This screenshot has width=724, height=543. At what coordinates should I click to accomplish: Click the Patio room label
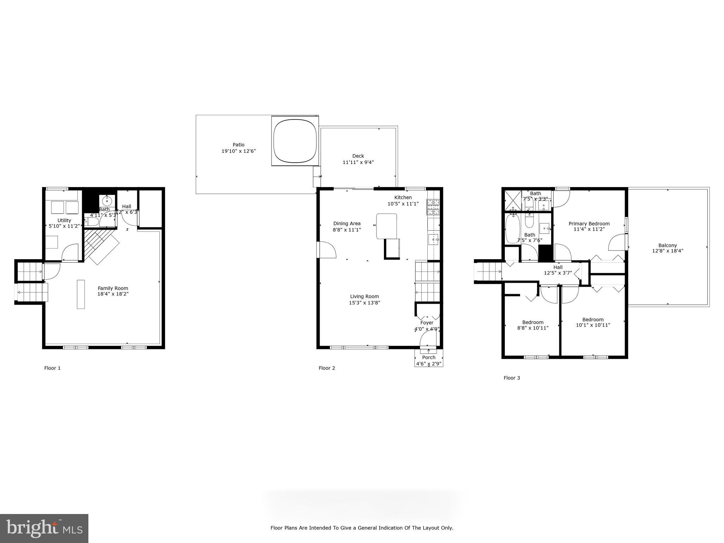[238, 145]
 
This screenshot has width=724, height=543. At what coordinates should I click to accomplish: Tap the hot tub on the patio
[294, 141]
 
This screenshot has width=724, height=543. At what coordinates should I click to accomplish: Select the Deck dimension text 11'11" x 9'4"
[358, 162]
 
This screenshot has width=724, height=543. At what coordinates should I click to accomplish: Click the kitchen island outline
[386, 226]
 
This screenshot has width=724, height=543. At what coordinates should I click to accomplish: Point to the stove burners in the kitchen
[433, 207]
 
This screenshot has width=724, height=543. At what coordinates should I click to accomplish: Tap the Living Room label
[364, 297]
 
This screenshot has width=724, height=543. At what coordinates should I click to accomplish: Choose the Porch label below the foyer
[428, 357]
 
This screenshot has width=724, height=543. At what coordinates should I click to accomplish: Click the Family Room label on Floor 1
[113, 288]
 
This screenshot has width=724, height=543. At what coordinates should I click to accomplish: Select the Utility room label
[64, 220]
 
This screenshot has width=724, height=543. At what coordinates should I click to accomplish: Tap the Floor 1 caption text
[52, 368]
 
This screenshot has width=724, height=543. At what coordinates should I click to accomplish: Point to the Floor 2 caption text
[327, 368]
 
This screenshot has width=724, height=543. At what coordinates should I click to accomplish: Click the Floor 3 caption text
[512, 378]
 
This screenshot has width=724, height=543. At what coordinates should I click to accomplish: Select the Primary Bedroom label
[589, 223]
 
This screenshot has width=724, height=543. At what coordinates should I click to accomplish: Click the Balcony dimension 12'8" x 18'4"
[667, 251]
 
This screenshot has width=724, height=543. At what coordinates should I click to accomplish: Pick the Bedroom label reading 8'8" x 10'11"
[532, 328]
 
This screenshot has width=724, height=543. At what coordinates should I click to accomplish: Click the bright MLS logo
[44, 529]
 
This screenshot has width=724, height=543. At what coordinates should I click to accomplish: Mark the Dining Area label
[346, 223]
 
